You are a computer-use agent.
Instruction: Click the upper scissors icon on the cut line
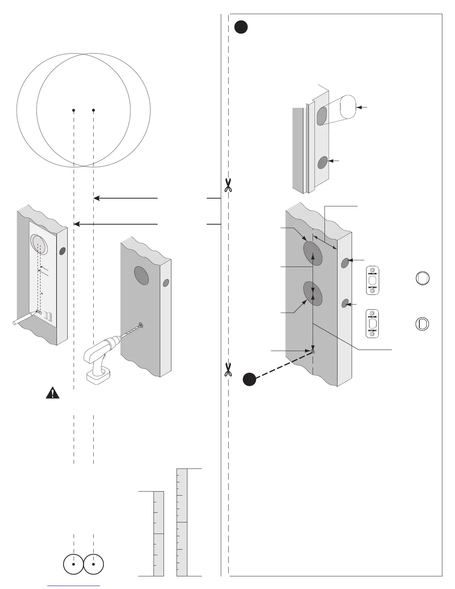point(228,185)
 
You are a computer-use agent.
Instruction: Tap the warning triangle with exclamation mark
point(53,393)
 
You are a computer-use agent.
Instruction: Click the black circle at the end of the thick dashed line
point(249,379)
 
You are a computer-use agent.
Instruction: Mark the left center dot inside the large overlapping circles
point(74,110)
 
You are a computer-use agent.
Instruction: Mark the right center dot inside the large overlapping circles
point(93,110)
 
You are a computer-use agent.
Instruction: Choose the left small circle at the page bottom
point(74,564)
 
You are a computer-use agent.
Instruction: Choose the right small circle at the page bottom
point(93,564)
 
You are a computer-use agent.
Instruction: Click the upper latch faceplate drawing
point(372,280)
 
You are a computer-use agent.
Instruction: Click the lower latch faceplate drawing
point(372,324)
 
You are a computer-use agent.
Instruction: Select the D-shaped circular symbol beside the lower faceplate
point(422,324)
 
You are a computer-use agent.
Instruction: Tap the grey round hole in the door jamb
point(323,162)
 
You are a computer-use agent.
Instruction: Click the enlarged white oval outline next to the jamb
point(348,107)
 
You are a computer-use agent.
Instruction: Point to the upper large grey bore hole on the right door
point(313,254)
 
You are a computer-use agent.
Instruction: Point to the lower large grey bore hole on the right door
point(313,293)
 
